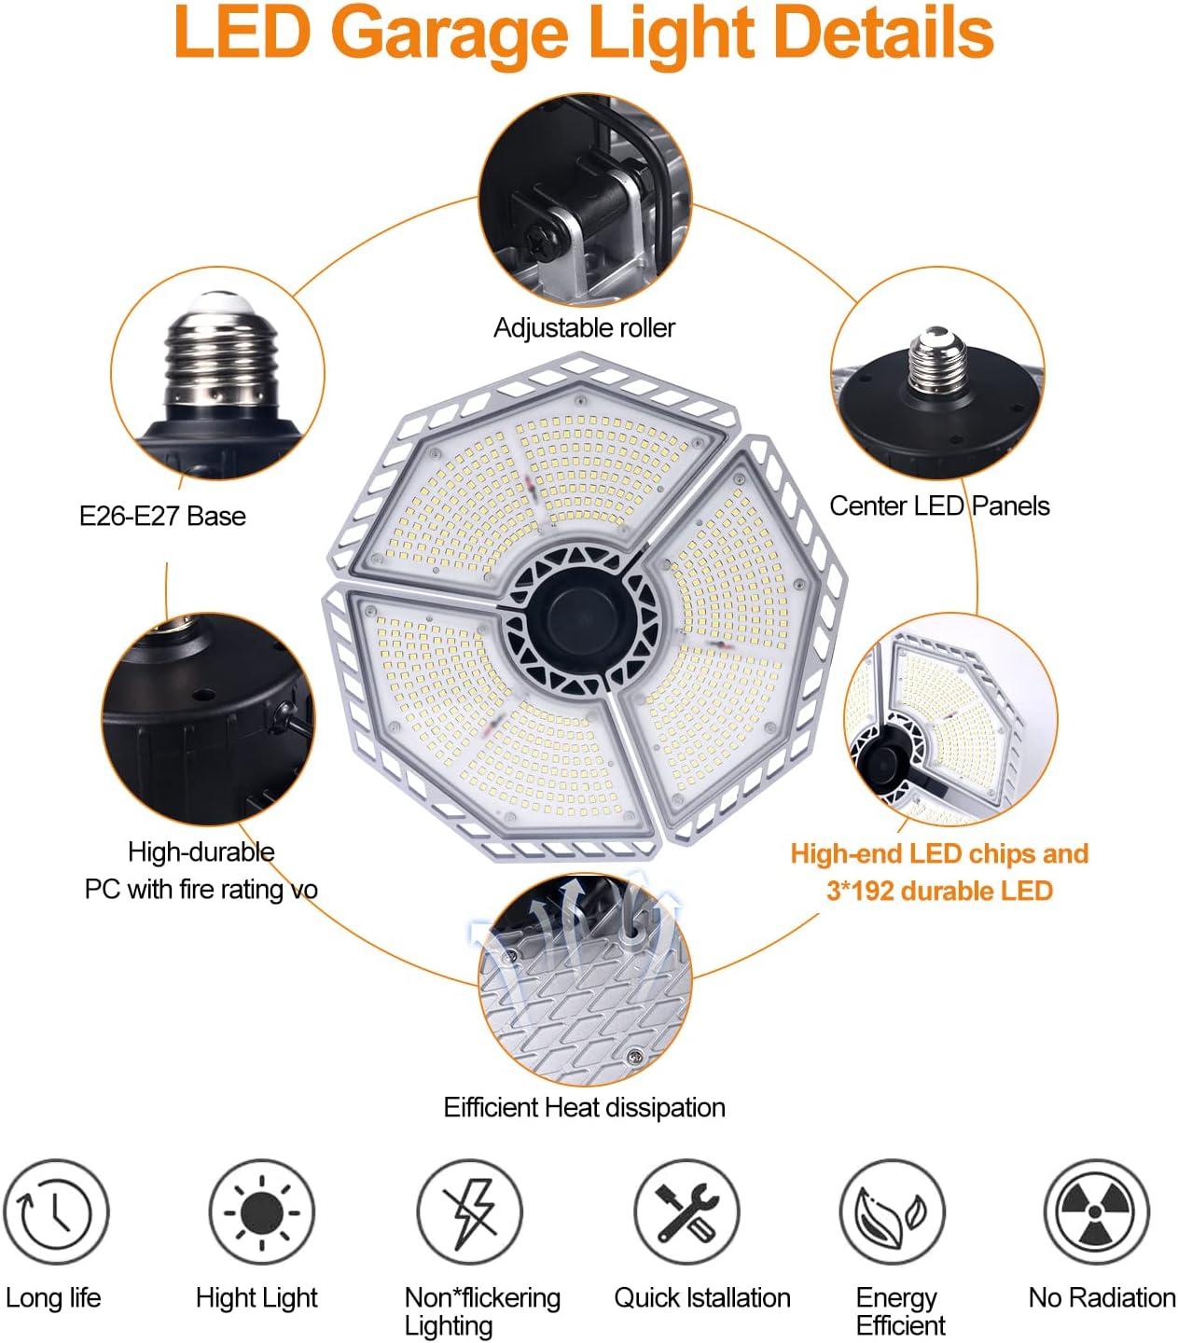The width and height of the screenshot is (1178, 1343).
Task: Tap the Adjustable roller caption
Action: [584, 328]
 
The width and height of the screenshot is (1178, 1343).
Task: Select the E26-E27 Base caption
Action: [162, 516]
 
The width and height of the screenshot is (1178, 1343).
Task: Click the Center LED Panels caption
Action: [939, 505]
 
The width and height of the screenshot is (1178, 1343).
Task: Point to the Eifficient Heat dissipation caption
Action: [584, 1107]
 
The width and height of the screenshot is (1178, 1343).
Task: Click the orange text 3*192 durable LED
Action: [939, 891]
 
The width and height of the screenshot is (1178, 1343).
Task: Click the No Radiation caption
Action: [1102, 1297]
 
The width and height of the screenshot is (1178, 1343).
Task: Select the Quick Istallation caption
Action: [701, 1297]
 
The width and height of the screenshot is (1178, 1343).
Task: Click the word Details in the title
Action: [884, 34]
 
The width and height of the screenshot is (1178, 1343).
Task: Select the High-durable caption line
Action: [201, 851]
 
